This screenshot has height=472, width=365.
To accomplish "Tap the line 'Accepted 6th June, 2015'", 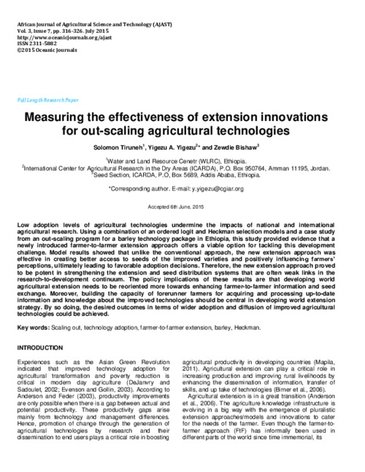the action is tap(182, 207).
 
